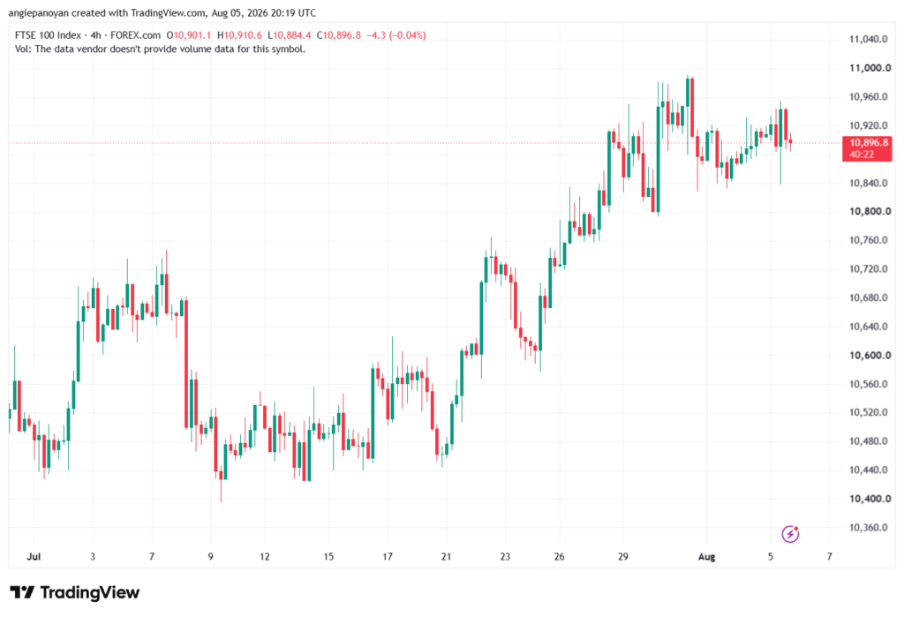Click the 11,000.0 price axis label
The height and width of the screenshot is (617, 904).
click(x=870, y=68)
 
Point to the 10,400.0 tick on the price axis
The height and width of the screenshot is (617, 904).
click(x=870, y=499)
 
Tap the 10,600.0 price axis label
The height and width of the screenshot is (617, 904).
click(x=870, y=355)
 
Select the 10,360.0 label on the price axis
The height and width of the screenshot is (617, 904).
click(x=869, y=528)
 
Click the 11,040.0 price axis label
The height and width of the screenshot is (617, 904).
click(x=869, y=39)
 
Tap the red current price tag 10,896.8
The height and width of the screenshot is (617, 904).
click(x=867, y=148)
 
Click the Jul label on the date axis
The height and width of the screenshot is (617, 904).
click(x=34, y=556)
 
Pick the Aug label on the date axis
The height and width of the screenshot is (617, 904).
click(x=707, y=556)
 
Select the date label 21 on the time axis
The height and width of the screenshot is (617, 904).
click(x=446, y=556)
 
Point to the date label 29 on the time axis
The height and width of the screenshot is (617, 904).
click(x=622, y=556)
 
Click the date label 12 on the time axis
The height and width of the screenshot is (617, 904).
click(x=265, y=556)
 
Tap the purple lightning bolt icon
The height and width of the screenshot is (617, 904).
click(x=790, y=534)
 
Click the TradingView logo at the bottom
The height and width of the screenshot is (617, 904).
click(x=74, y=592)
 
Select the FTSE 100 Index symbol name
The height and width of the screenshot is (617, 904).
click(x=48, y=35)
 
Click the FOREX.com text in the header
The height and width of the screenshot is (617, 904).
click(x=135, y=35)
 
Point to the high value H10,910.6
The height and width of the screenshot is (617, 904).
click(x=239, y=35)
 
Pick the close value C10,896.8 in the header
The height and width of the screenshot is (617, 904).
click(x=338, y=35)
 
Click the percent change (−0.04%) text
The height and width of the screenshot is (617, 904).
click(x=407, y=35)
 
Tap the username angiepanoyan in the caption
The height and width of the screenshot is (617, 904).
click(x=38, y=12)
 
